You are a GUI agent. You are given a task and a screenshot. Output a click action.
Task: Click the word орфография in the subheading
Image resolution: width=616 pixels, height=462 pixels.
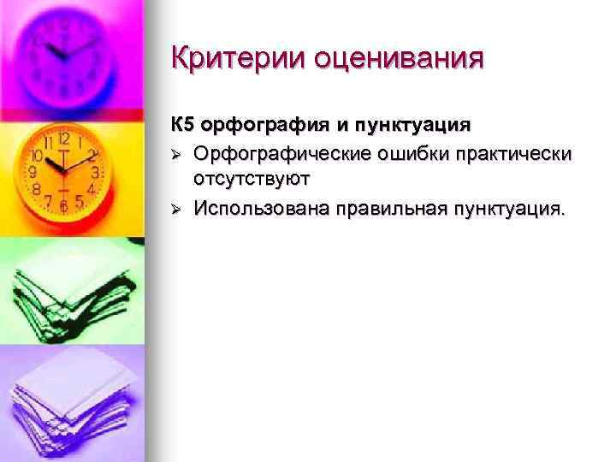pos(263,126)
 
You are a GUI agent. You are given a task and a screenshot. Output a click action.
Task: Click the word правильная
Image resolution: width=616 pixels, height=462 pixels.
pos(392,207)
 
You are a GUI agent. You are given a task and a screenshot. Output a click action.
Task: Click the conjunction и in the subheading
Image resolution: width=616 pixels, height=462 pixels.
pos(341,126)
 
